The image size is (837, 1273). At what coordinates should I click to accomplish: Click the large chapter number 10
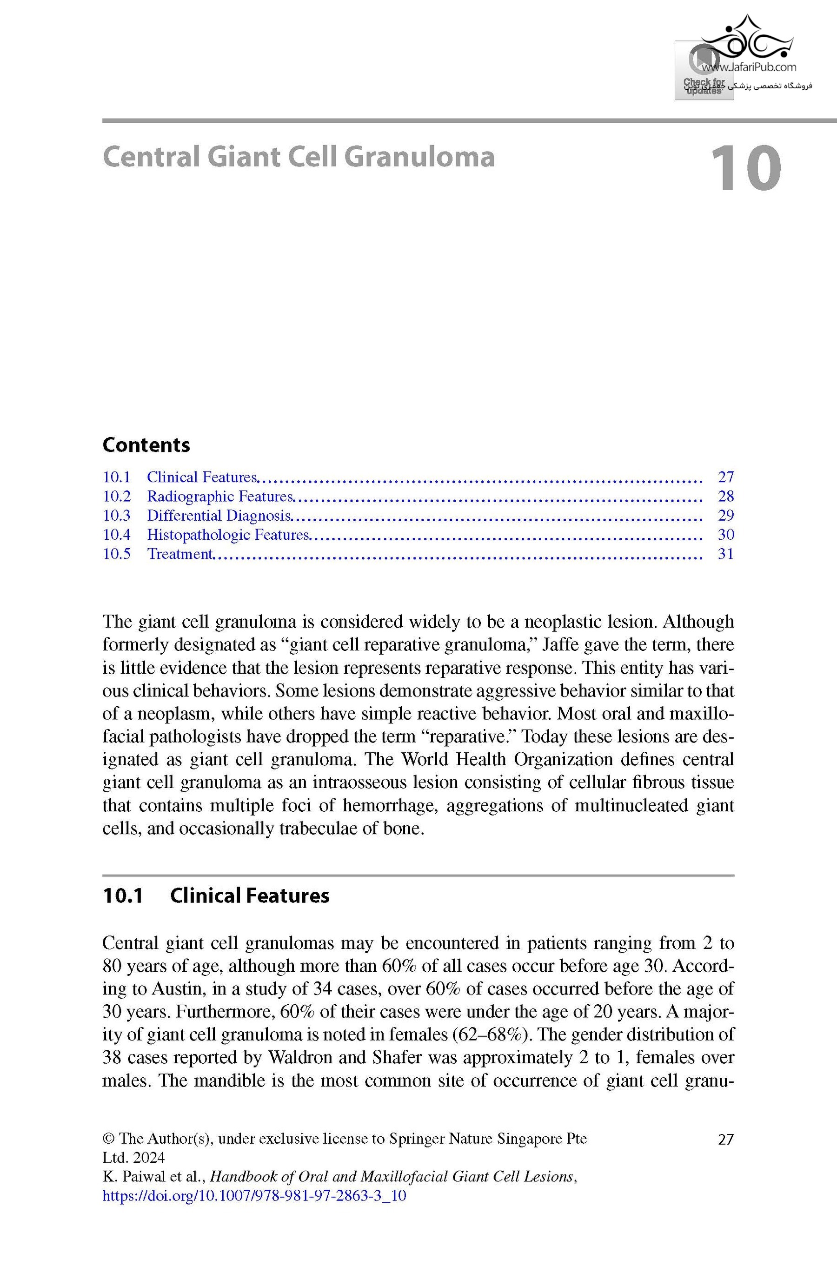(745, 168)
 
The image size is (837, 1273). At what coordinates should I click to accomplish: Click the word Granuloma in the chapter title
(419, 157)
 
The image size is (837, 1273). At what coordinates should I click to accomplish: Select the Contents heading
(146, 445)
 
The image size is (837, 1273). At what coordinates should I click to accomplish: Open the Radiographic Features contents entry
(220, 497)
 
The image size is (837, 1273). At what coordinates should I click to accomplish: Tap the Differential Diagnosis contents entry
(219, 516)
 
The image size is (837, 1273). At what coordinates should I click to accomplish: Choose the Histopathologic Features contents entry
(228, 535)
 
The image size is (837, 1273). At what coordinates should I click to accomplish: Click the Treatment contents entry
(179, 554)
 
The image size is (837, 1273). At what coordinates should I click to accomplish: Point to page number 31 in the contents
(726, 554)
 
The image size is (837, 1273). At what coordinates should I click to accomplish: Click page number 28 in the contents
(726, 497)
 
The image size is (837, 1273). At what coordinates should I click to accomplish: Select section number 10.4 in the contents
(117, 535)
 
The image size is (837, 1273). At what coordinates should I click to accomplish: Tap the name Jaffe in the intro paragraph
(559, 645)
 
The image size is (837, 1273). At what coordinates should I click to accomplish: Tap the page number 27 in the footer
(726, 1139)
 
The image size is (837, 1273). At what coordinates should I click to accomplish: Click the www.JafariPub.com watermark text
(749, 67)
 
